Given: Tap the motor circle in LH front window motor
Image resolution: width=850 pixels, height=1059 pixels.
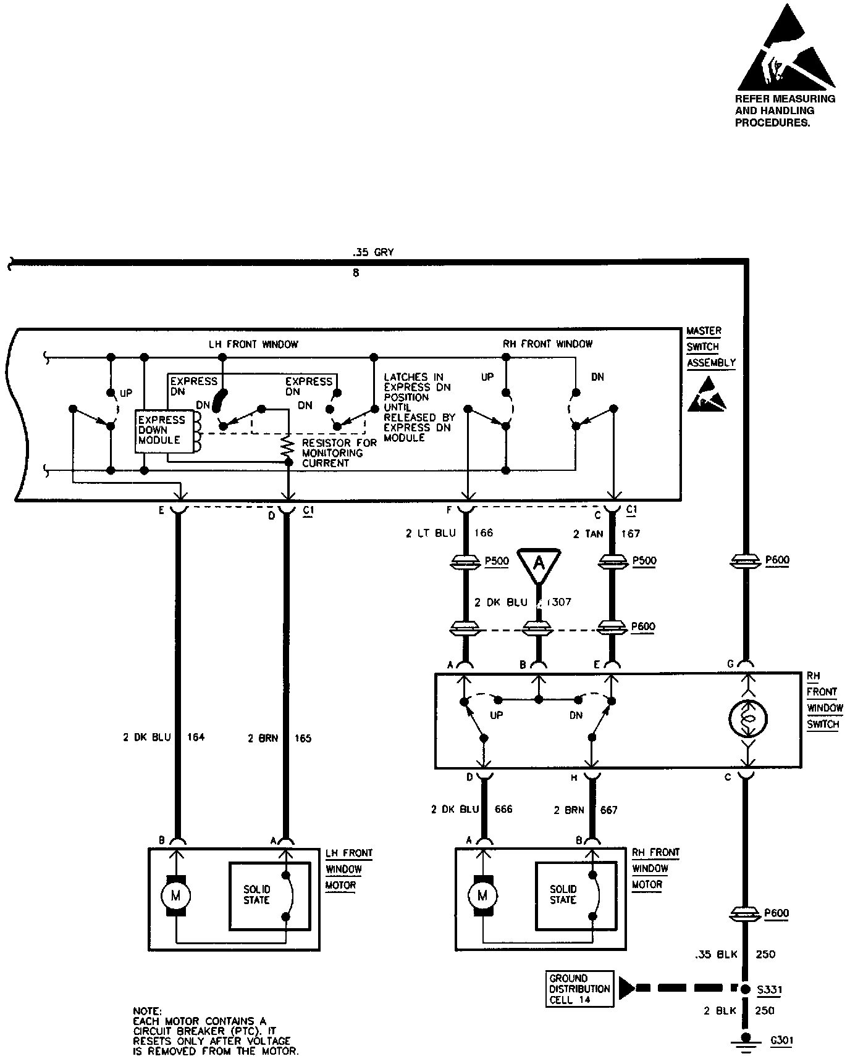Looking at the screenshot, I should click(175, 895).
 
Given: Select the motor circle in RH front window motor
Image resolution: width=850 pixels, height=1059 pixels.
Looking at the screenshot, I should click(482, 895).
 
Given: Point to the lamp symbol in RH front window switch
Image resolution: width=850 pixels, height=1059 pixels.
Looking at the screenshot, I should click(747, 719).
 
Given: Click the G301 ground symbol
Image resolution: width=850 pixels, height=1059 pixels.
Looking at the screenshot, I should click(747, 1041).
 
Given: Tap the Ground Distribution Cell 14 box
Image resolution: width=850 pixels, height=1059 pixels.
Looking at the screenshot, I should click(579, 989).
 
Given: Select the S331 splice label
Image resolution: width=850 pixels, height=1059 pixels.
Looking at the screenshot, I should click(770, 990).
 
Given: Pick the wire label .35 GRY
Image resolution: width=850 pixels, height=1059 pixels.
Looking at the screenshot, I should click(372, 252).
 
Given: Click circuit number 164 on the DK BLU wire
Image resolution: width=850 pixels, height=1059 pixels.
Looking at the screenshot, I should click(195, 737).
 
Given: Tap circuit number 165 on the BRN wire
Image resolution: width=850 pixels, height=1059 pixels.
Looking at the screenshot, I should click(303, 737).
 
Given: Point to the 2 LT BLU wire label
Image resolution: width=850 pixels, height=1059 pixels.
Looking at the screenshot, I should click(431, 533).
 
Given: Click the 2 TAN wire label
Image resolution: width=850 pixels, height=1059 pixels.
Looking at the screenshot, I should click(587, 533).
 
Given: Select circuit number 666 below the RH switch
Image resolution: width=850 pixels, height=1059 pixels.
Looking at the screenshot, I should click(503, 809).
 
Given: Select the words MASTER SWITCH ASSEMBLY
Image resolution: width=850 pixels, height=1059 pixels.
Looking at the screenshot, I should click(710, 347).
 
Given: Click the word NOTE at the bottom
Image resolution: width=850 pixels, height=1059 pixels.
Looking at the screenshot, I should click(147, 1011).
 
